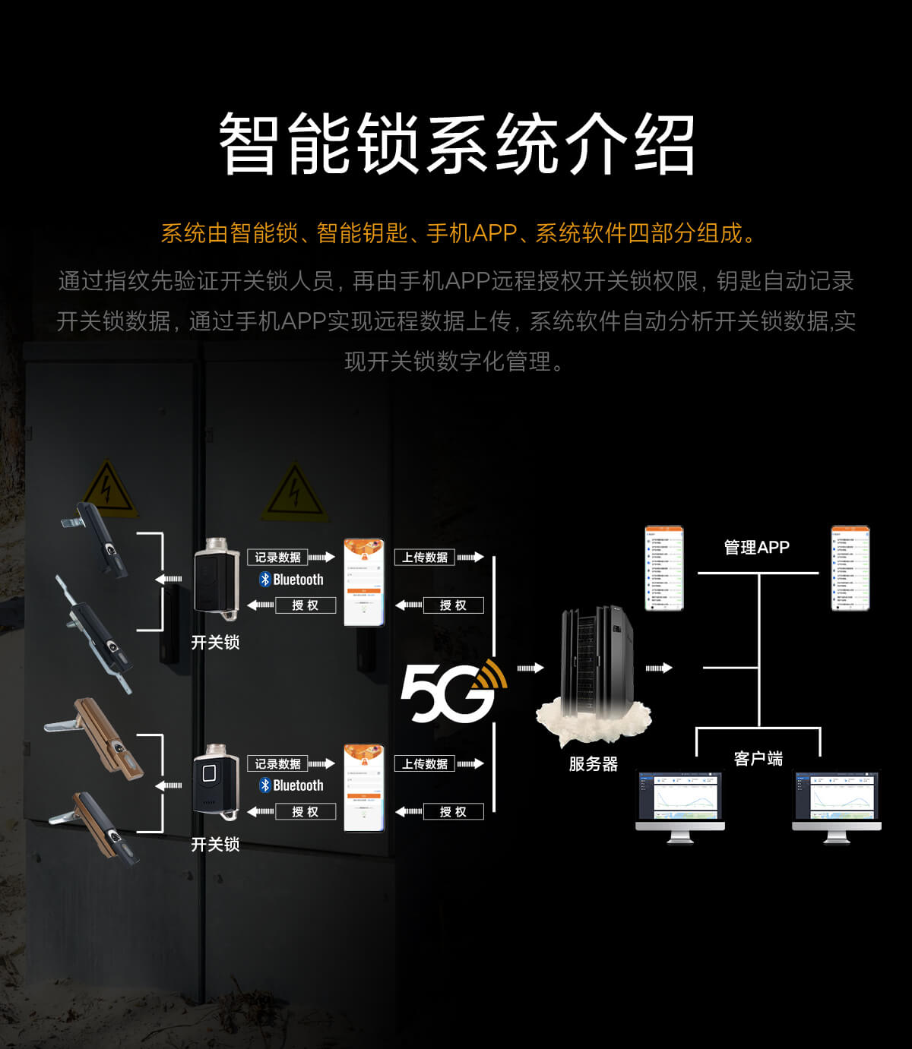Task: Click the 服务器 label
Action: (594, 764)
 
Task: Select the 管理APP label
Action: (756, 548)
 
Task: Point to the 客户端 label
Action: (758, 758)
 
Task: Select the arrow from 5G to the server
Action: (530, 668)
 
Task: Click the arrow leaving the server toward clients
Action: (659, 668)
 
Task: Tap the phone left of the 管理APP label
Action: (664, 568)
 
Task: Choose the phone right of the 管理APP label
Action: (850, 568)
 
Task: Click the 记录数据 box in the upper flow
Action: (277, 558)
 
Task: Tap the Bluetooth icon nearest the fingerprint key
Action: (265, 785)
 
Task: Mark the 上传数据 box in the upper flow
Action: (425, 558)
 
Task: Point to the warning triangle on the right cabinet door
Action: (294, 491)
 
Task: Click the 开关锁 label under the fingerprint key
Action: (215, 845)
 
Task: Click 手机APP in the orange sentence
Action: (471, 233)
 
